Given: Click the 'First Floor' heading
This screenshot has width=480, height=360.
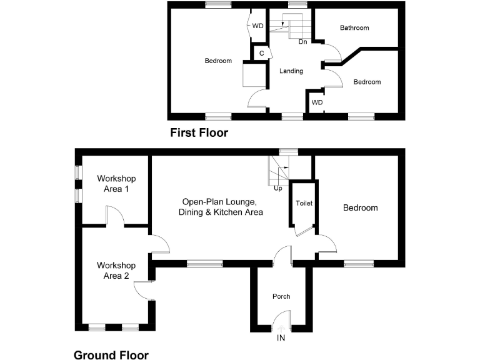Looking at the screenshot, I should (x=199, y=132).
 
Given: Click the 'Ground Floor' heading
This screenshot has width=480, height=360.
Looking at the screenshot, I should (x=111, y=355).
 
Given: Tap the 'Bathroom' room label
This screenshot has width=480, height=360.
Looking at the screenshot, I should (x=354, y=28).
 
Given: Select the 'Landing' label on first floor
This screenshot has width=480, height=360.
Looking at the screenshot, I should (x=291, y=71).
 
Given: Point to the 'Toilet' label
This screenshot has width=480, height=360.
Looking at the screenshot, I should (x=304, y=203).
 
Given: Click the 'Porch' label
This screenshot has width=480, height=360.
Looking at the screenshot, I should (x=281, y=296).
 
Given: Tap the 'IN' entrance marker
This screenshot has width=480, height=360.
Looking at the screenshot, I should (x=281, y=337).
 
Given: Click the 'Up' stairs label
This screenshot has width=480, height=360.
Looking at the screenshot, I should (x=278, y=188).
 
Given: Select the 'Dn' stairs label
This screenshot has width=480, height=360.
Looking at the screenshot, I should (x=302, y=42).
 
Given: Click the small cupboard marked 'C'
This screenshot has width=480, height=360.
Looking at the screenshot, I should (x=261, y=54).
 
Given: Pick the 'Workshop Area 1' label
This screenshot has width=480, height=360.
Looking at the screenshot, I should (x=113, y=183).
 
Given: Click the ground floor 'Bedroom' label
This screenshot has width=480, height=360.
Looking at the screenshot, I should (x=360, y=208).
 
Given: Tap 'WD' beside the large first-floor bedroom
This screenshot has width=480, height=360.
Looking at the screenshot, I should (x=258, y=26).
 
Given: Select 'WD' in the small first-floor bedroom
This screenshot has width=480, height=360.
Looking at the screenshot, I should (x=317, y=102).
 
